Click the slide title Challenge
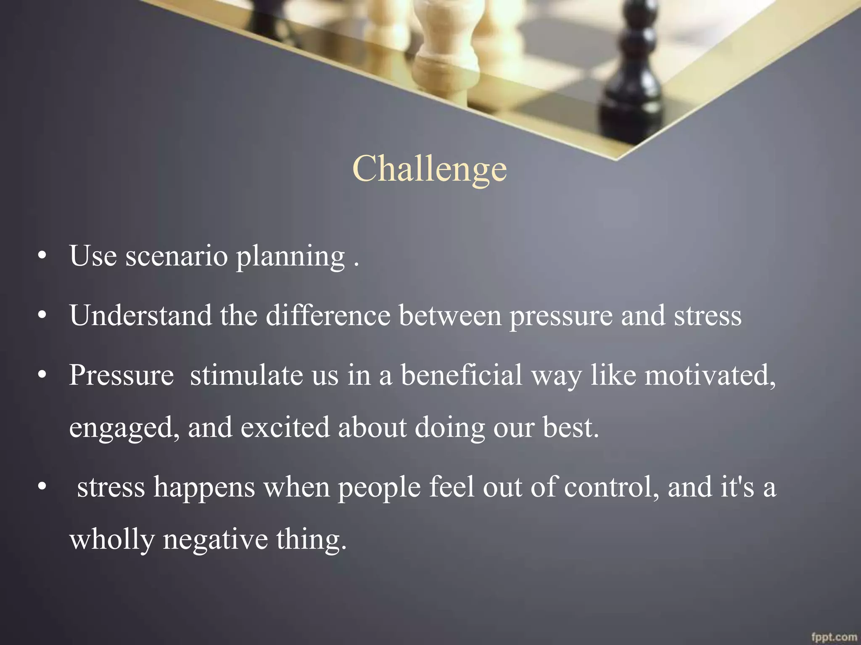coord(430,169)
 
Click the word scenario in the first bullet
coord(177,256)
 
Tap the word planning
coord(290,257)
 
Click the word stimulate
coord(246,375)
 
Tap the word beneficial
coord(461,375)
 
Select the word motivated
coord(710,375)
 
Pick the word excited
coord(285,427)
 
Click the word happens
coord(204,488)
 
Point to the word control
coord(611,487)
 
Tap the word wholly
coord(112,540)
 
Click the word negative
coord(215,540)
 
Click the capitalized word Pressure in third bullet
coord(121,375)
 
